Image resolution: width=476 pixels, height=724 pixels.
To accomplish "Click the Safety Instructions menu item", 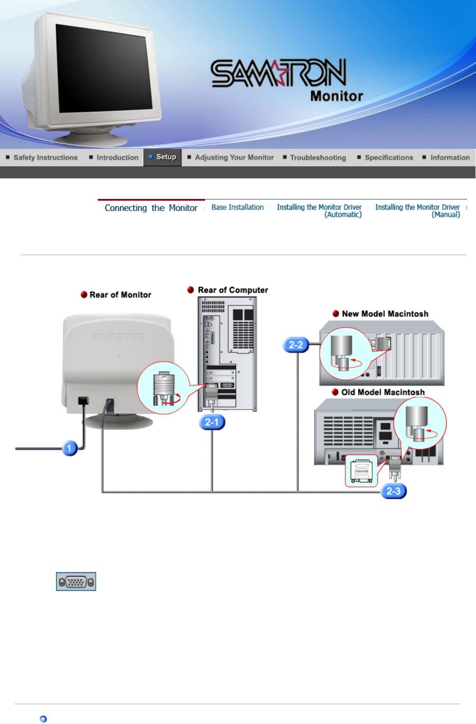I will point(45,157).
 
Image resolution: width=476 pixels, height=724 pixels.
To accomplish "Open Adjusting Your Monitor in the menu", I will point(234,157).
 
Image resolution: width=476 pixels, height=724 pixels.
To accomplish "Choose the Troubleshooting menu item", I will point(318,157).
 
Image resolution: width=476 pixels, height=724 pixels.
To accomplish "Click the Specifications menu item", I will point(388,157).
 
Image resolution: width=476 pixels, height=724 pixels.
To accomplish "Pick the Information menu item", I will point(450,157).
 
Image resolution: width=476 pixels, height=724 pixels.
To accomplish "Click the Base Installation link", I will point(237,207).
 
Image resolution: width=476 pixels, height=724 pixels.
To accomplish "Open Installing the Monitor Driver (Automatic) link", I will point(319,211).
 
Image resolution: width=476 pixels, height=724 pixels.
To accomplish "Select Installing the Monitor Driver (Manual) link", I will point(417,211).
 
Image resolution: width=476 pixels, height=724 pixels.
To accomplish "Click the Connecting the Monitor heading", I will point(151,208).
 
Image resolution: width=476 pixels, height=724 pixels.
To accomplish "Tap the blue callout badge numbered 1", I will point(69,449).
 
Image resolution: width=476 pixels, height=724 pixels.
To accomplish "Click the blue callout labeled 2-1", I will point(212,422).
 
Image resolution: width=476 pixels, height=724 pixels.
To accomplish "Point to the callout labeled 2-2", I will point(296,345).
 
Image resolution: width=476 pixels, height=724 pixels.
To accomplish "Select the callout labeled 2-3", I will point(394,491).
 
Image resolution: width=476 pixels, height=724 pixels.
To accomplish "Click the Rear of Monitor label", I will point(120,295).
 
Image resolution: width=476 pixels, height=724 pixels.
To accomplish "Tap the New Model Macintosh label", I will point(385,314).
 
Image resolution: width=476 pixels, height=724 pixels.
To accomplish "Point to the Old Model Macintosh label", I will point(382,393).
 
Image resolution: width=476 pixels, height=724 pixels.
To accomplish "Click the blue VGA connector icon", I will point(76,582).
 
